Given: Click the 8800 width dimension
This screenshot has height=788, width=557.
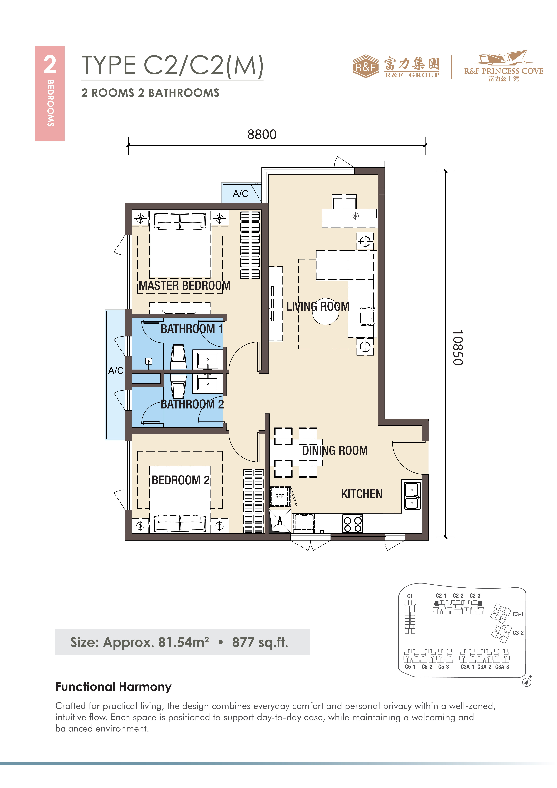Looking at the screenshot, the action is [x=262, y=134].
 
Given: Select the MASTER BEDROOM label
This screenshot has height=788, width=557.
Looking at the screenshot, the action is [x=185, y=286].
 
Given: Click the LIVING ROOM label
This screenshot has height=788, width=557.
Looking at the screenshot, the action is [x=318, y=306].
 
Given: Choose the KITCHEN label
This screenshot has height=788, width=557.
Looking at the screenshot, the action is [x=362, y=494].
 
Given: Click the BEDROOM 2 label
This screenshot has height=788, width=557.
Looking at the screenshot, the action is [x=181, y=480].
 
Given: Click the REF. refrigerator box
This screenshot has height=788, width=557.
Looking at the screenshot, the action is [x=280, y=496].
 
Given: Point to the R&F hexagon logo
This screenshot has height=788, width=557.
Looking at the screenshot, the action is [x=366, y=66].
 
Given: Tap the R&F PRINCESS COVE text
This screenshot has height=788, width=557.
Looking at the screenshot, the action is [x=503, y=71].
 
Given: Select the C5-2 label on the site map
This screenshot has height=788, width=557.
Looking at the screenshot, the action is [x=427, y=667].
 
